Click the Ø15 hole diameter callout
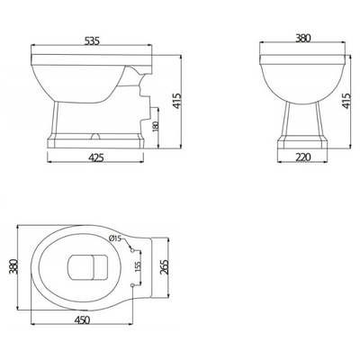click(x=115, y=238)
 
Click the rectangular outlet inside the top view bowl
click(x=87, y=267)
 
